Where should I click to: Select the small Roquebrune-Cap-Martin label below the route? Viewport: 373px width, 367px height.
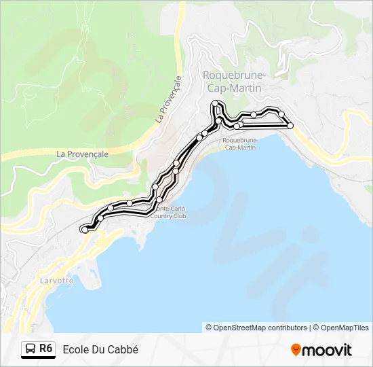click(239, 144)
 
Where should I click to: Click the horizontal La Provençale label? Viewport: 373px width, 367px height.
click(83, 154)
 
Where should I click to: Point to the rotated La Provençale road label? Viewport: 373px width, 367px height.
click(169, 99)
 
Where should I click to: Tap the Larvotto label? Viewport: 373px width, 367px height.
click(53, 281)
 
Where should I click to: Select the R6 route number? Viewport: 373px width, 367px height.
click(45, 349)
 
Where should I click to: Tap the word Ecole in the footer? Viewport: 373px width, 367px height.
click(75, 349)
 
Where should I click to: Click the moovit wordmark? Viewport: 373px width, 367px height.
click(328, 350)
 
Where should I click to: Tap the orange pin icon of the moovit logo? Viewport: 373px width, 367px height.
click(296, 349)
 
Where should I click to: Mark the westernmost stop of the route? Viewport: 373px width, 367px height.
click(84, 230)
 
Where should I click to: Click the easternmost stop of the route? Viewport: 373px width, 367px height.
click(290, 126)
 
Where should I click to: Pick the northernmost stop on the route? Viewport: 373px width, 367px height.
click(215, 103)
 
